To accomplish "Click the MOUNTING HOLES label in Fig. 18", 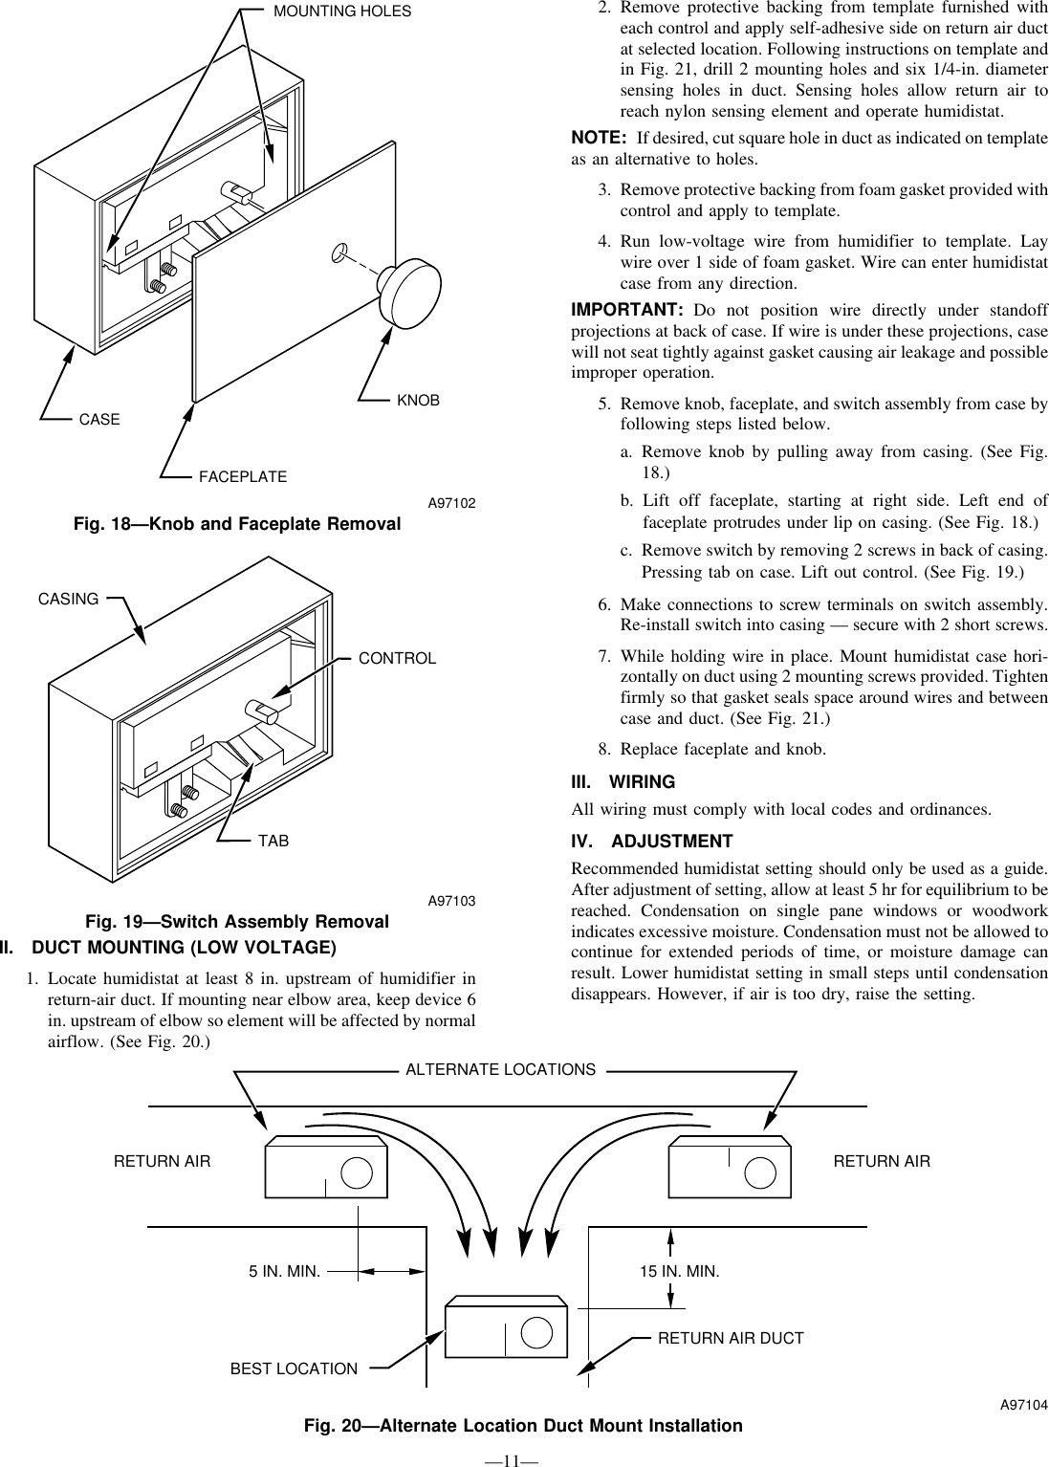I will click(x=342, y=11).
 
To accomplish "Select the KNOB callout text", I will click(x=418, y=401).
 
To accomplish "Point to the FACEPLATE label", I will click(x=243, y=476).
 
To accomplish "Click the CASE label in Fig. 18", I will click(x=99, y=420).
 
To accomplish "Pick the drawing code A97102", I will click(x=451, y=503).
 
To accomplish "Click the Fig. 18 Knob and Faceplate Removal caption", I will click(x=237, y=524).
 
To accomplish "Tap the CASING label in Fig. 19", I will click(x=68, y=599).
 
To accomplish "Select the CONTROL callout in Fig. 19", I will click(x=397, y=659).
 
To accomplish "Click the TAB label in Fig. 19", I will click(x=273, y=841).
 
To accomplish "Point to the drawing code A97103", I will click(x=451, y=901).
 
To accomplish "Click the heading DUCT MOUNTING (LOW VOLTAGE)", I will click(x=184, y=948).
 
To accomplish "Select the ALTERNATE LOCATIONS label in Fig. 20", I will click(x=500, y=1069).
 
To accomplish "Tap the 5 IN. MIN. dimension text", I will click(x=284, y=1272).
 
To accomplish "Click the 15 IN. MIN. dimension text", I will click(x=679, y=1272).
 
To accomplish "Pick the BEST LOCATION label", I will click(x=294, y=1368).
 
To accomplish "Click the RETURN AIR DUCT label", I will click(x=731, y=1338).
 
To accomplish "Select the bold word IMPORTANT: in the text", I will click(x=626, y=311).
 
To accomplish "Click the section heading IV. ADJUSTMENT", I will click(x=652, y=842).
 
